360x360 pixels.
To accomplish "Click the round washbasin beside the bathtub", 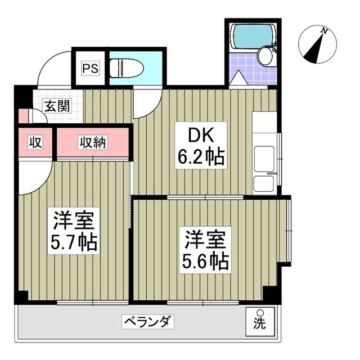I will click(264, 56).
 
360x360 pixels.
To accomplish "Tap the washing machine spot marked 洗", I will click(260, 321).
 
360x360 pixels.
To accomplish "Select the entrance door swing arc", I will click(53, 67).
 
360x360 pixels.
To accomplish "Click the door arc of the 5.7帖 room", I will click(34, 177).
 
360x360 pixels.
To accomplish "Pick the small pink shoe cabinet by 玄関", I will click(22, 116).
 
